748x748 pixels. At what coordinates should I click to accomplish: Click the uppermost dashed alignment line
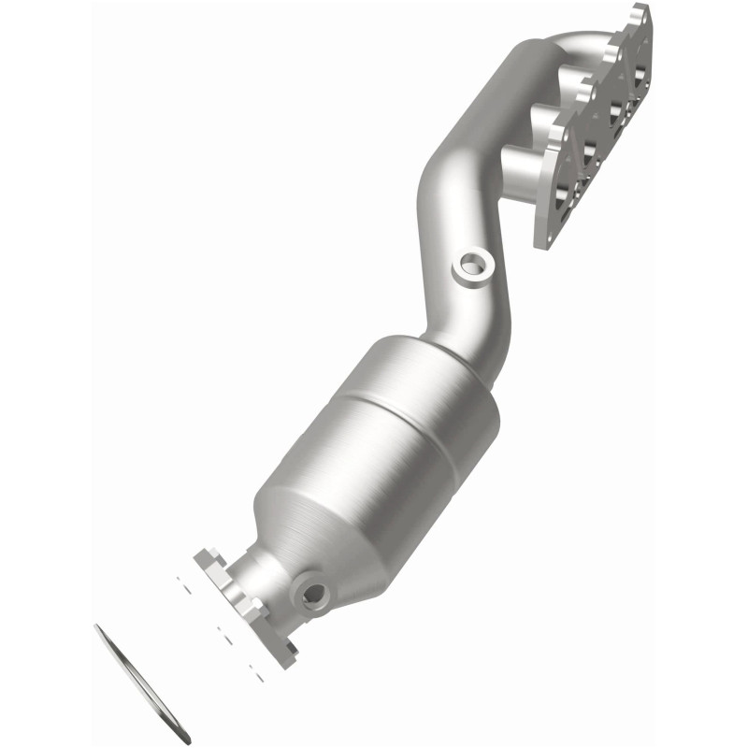pos(186,588)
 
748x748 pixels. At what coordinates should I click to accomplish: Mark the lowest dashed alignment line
pos(258,668)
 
